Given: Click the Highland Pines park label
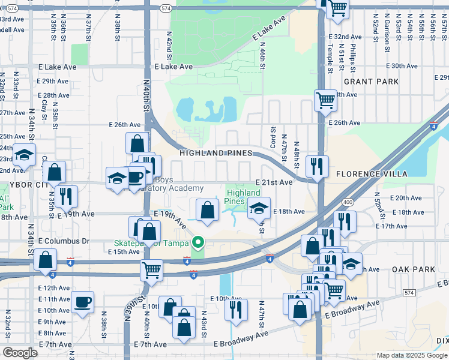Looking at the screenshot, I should coord(243,197).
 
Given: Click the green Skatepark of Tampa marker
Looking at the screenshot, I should coord(196,243).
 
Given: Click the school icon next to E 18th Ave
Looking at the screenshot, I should coord(259,208).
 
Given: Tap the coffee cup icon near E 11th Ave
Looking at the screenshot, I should coord(83,301).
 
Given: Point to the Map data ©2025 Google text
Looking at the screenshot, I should coord(412,355).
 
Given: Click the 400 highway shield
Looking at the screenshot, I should coord(348,202).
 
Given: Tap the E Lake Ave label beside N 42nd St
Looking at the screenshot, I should coord(173,67).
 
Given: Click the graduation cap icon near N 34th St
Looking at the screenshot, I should coord(25,155).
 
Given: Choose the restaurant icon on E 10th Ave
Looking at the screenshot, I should coord(236,309).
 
